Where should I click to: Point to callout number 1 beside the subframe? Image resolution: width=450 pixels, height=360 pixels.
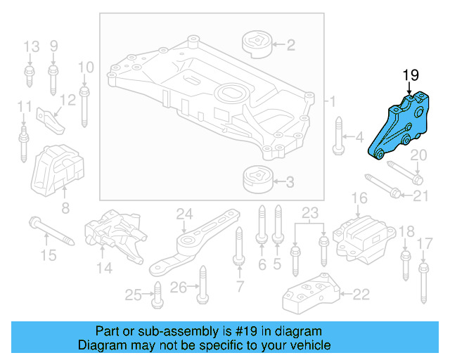[x=333, y=102]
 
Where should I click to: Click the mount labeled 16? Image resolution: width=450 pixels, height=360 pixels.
[x=361, y=236]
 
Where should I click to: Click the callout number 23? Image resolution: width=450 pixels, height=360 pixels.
[x=310, y=212]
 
